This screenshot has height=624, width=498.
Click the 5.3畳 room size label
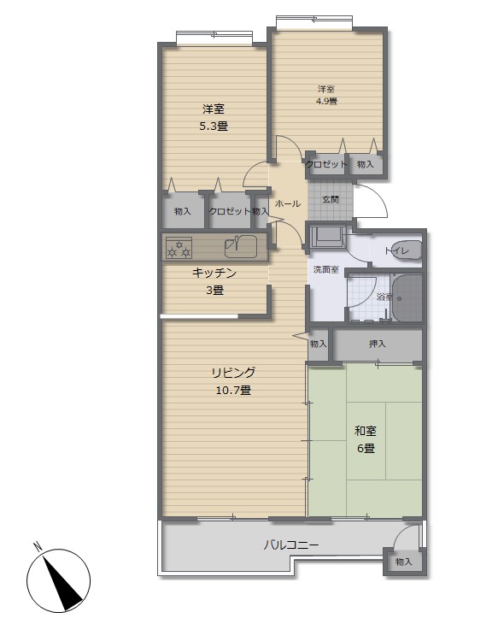[214, 127]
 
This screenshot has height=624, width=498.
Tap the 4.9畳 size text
[326, 101]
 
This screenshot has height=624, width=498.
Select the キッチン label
[214, 273]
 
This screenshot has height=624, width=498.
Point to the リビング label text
[233, 373]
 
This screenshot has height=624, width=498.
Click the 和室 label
[365, 431]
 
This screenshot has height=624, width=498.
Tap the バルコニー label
[291, 545]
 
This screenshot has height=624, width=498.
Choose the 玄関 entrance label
[330, 200]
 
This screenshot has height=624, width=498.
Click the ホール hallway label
[288, 203]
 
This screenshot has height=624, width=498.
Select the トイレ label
[396, 250]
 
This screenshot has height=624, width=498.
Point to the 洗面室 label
[326, 269]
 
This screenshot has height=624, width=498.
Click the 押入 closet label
[377, 344]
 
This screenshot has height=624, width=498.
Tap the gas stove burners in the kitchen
[179, 248]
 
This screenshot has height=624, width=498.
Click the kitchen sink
[241, 246]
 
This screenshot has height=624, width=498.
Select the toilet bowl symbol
[407, 250]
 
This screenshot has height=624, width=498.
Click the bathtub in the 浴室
[406, 297]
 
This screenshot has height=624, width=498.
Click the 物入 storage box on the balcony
[403, 562]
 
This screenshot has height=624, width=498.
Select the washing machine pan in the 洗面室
[327, 236]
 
